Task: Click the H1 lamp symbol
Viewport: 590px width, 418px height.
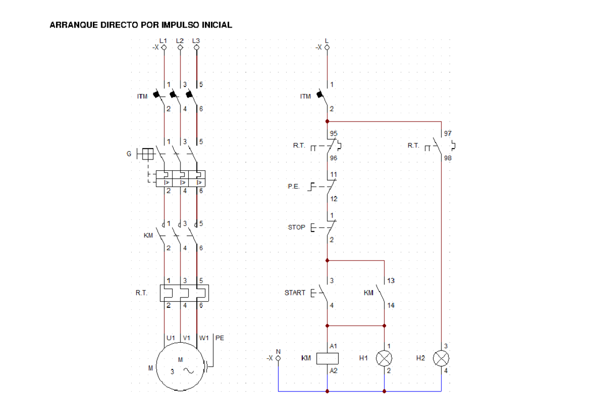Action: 384,358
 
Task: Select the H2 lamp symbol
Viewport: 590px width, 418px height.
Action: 441,358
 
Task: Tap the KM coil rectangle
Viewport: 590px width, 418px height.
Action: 327,358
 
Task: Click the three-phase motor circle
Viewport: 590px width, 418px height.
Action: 180,367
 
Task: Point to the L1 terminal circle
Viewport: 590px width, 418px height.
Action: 164,47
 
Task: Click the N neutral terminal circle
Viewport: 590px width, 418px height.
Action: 278,358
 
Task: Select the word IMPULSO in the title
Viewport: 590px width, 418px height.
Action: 180,25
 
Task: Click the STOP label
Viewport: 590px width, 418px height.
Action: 296,227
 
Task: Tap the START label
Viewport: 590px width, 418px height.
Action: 295,293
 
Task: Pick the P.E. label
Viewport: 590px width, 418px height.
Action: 294,187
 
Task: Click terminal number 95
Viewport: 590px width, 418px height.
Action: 334,133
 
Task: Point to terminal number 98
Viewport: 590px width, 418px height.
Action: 448,158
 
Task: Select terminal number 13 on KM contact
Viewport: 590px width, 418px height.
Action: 391,281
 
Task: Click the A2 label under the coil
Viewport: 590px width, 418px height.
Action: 333,371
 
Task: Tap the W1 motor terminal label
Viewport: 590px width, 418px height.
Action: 204,338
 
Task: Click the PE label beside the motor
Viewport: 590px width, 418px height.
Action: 220,338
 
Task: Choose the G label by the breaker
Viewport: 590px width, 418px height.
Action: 129,154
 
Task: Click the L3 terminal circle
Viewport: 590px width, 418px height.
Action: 197,47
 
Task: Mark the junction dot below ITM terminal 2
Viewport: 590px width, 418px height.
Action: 327,122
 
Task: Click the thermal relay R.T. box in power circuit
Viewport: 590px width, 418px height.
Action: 184,293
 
